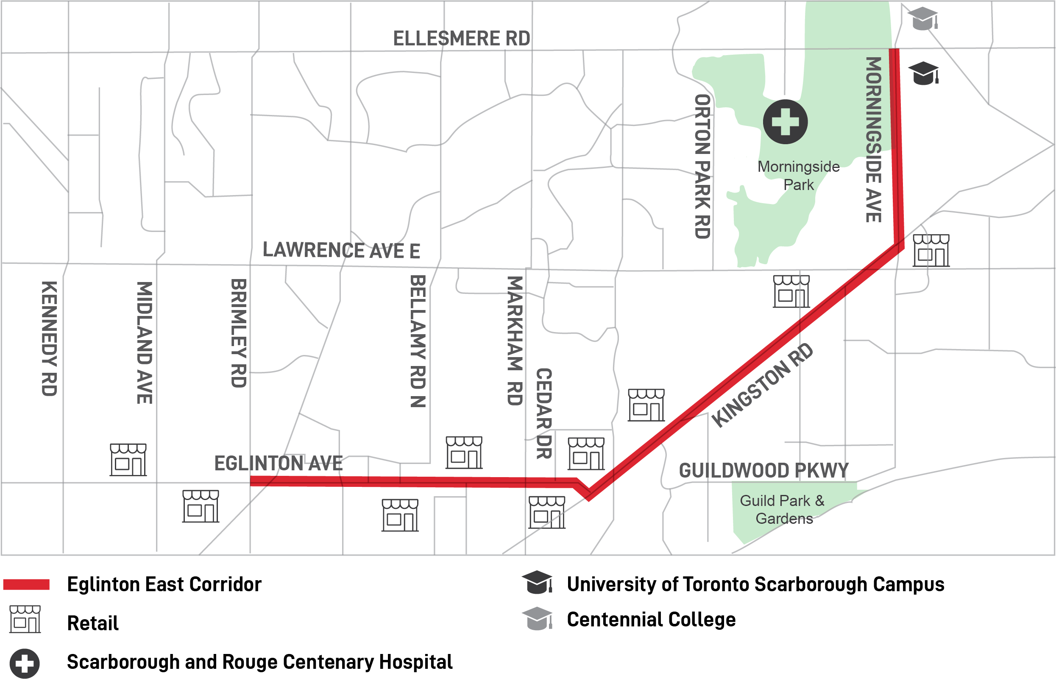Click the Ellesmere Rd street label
tap(462, 39)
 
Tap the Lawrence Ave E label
tap(341, 250)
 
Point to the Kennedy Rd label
tap(49, 338)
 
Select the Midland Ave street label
tap(145, 343)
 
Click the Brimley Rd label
tap(239, 333)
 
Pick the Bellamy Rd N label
tap(418, 341)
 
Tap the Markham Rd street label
tap(515, 341)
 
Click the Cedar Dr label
tap(544, 414)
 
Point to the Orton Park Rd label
tap(702, 167)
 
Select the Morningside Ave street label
tap(874, 140)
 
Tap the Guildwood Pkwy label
tap(763, 471)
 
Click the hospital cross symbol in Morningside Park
tap(786, 122)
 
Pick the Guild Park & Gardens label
tap(783, 510)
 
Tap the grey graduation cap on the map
tap(923, 19)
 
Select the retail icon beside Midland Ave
tap(128, 460)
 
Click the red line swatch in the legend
tap(26, 585)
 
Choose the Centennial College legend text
tap(651, 620)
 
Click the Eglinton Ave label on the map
tap(278, 464)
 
